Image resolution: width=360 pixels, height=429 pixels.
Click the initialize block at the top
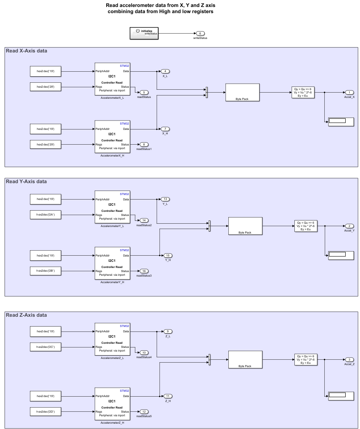144,33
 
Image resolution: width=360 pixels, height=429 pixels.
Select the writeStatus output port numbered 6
200,33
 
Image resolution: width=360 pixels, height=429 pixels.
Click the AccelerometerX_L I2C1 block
112,79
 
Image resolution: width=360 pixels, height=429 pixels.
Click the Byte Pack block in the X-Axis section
242,92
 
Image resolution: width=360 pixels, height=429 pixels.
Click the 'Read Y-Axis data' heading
26,182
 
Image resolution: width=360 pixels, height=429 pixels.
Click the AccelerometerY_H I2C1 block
112,263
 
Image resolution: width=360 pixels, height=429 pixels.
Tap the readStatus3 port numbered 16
144,271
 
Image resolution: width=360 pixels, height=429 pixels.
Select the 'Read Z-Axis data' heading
26,315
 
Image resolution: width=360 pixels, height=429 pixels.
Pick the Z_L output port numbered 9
168,331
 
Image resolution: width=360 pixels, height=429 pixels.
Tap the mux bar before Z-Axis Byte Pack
210,359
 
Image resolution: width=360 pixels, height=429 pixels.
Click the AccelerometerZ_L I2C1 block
112,339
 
